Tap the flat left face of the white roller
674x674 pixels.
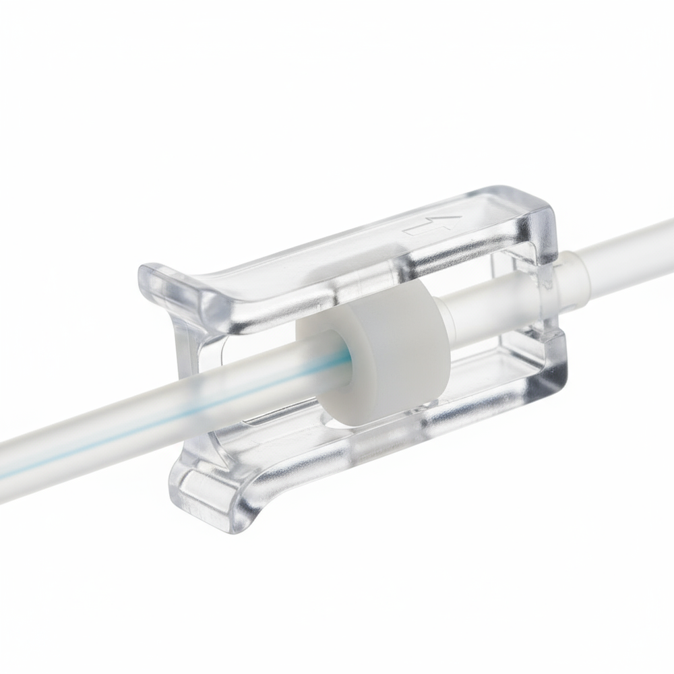[324, 377]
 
